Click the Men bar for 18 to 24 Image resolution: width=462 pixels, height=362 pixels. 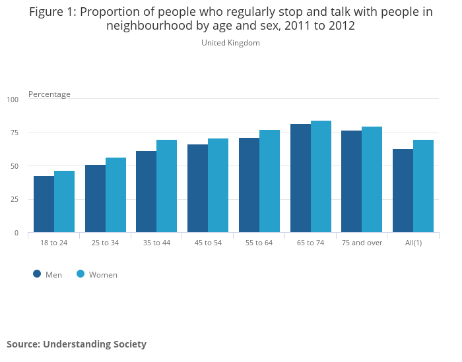[44, 204]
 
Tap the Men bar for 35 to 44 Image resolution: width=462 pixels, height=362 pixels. [147, 192]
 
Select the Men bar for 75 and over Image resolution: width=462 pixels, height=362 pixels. [352, 181]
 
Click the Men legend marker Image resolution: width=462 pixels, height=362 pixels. [37, 274]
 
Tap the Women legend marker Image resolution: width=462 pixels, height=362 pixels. [81, 274]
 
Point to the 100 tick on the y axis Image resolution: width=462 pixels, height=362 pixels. [13, 100]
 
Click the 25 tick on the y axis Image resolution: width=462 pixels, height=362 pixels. [15, 199]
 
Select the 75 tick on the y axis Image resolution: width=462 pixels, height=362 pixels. [15, 133]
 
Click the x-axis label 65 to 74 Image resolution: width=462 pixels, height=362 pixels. [310, 243]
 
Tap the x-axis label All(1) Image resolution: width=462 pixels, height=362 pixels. [413, 243]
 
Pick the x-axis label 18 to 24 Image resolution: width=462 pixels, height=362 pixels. [53, 243]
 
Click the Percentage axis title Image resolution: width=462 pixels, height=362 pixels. [49, 94]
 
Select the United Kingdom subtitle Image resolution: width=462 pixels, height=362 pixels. [230, 43]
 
